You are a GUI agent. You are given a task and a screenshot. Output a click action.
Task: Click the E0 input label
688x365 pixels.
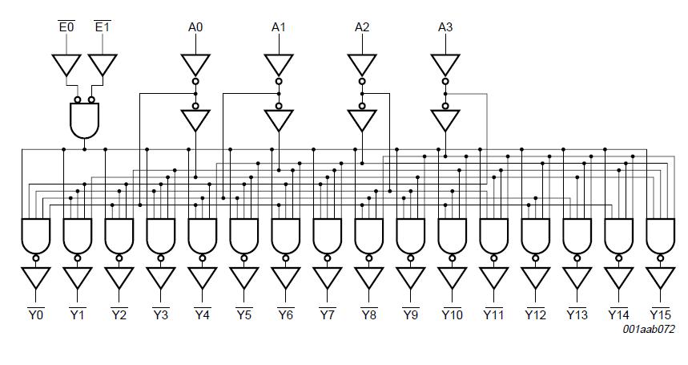coord(66,28)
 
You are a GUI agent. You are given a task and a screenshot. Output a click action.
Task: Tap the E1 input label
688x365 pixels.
coord(103,28)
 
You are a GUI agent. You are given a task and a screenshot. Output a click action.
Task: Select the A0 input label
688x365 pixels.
coord(195,28)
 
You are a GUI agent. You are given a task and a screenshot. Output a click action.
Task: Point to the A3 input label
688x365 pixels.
coord(445,28)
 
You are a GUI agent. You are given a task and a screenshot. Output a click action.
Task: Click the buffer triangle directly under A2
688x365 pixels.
coord(362,64)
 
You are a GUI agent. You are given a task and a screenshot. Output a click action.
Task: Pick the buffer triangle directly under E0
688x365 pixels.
coord(66,64)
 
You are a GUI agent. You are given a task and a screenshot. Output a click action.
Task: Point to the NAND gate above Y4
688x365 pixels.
coord(203,235)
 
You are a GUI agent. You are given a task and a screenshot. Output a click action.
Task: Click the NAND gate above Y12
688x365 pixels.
coord(536,235)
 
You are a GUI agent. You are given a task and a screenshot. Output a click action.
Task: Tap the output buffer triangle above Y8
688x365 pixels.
coord(369,278)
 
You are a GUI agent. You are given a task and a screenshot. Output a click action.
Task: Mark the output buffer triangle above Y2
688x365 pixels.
coord(119,278)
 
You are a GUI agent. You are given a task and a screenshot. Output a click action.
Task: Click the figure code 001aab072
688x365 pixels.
coord(650,330)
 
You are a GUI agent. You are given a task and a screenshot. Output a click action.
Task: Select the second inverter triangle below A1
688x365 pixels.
coord(279,120)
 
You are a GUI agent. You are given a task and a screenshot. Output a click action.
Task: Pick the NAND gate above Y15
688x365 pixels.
coord(661,235)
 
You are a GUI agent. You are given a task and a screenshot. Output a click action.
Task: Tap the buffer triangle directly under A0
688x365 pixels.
coord(195,64)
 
